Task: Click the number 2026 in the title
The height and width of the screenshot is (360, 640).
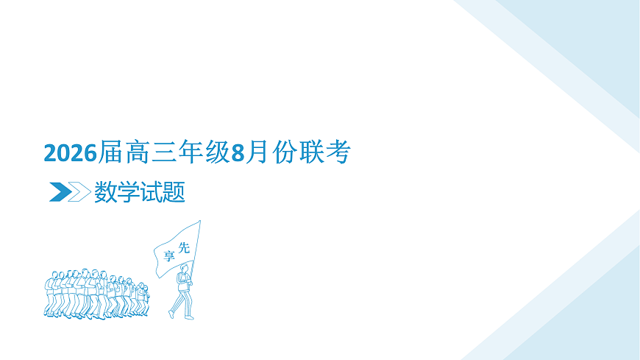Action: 71,153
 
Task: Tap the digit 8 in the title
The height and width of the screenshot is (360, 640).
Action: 237,153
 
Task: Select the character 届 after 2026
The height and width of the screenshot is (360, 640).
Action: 110,153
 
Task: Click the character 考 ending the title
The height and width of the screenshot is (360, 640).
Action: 339,152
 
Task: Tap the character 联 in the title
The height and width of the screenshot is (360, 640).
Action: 312,152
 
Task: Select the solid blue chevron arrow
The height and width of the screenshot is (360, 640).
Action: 60,192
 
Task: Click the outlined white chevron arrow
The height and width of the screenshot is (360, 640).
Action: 79,192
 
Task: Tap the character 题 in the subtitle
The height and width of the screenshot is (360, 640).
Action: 174,193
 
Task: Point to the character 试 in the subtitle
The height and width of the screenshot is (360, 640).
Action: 151,193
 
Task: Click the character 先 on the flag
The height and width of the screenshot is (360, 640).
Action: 185,248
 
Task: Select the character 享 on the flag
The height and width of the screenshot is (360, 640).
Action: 169,255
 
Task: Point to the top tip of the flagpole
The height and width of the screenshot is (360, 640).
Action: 199,221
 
